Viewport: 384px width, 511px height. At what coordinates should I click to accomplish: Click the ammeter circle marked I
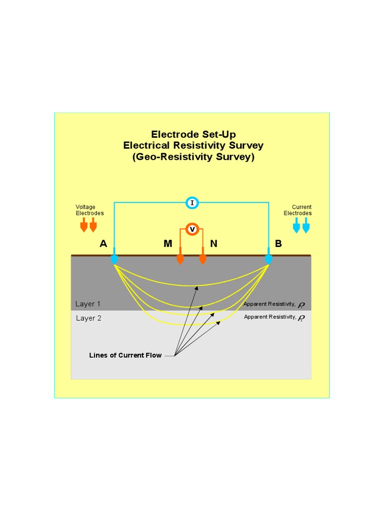point(192,203)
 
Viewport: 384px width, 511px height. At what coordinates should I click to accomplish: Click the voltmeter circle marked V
point(191,229)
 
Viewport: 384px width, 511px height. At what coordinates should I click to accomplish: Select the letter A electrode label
point(103,244)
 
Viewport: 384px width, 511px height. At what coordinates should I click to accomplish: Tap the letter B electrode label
point(278,244)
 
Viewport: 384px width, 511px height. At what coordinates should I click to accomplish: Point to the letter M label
point(167,244)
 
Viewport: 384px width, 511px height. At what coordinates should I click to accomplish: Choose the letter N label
point(214,244)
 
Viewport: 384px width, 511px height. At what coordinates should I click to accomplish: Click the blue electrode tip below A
point(114,260)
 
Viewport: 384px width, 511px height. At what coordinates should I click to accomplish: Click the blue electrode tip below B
point(269,260)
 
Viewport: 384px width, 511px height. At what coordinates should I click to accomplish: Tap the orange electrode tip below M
point(180,260)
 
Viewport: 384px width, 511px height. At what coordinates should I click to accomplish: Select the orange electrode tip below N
point(202,260)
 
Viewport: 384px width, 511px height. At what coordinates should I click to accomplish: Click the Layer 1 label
point(88,304)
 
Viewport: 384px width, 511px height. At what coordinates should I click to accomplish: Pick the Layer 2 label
point(88,318)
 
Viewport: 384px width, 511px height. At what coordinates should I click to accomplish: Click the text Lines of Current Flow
point(125,356)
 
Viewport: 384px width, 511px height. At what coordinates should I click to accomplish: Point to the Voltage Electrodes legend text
point(89,210)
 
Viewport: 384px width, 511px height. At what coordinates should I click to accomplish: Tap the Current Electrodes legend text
point(298,210)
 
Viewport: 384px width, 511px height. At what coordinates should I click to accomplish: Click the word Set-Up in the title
point(218,134)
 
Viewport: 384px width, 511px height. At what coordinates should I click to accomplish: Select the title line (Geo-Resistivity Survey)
point(193,157)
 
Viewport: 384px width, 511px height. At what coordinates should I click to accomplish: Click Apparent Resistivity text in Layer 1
point(269,304)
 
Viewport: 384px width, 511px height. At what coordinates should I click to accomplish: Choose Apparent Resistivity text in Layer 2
point(269,317)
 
